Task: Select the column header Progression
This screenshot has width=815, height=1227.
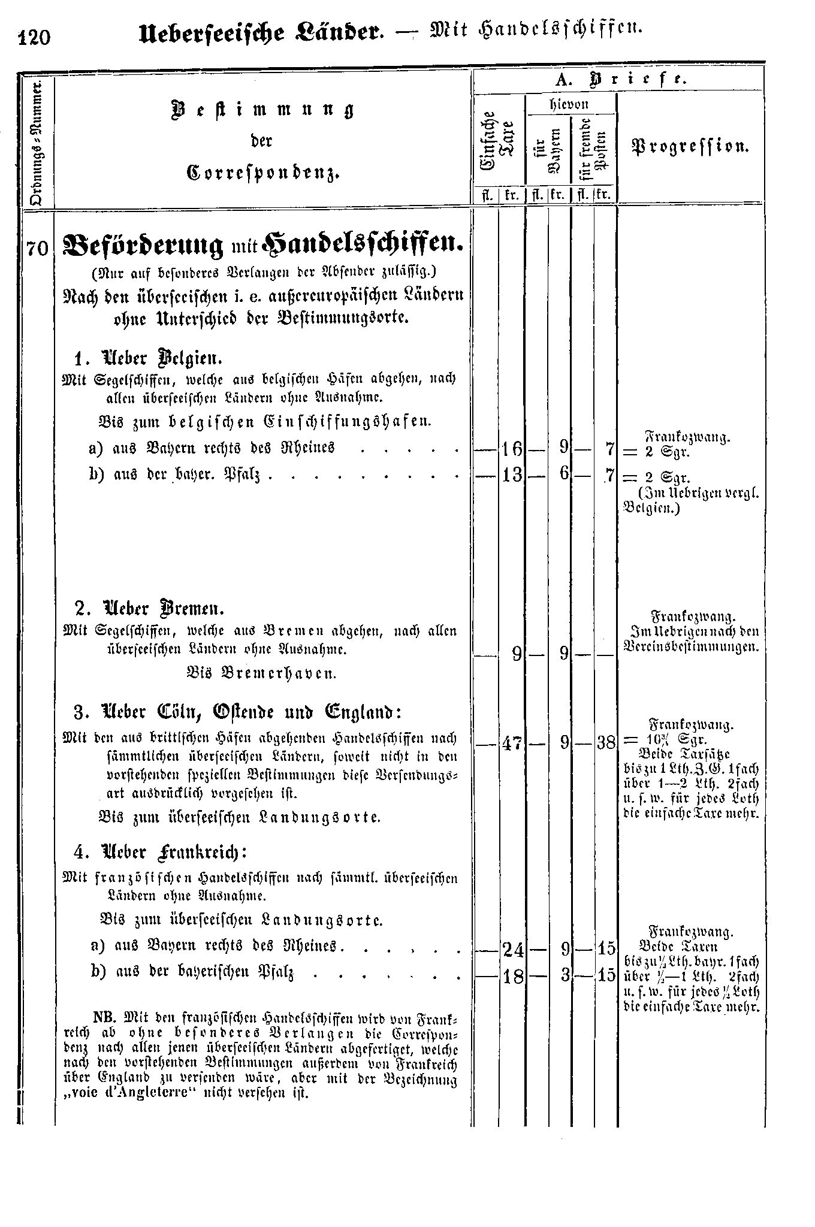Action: click(690, 146)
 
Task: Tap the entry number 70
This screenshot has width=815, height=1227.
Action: click(37, 247)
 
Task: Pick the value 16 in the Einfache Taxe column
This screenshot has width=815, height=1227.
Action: click(512, 448)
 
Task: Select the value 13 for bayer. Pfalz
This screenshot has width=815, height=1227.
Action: click(512, 476)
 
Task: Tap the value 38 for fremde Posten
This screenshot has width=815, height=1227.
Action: click(606, 744)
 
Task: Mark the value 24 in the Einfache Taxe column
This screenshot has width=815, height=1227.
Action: click(512, 949)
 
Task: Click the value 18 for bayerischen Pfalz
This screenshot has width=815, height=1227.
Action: click(512, 976)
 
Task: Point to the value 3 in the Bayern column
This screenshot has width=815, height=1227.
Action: click(563, 976)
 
